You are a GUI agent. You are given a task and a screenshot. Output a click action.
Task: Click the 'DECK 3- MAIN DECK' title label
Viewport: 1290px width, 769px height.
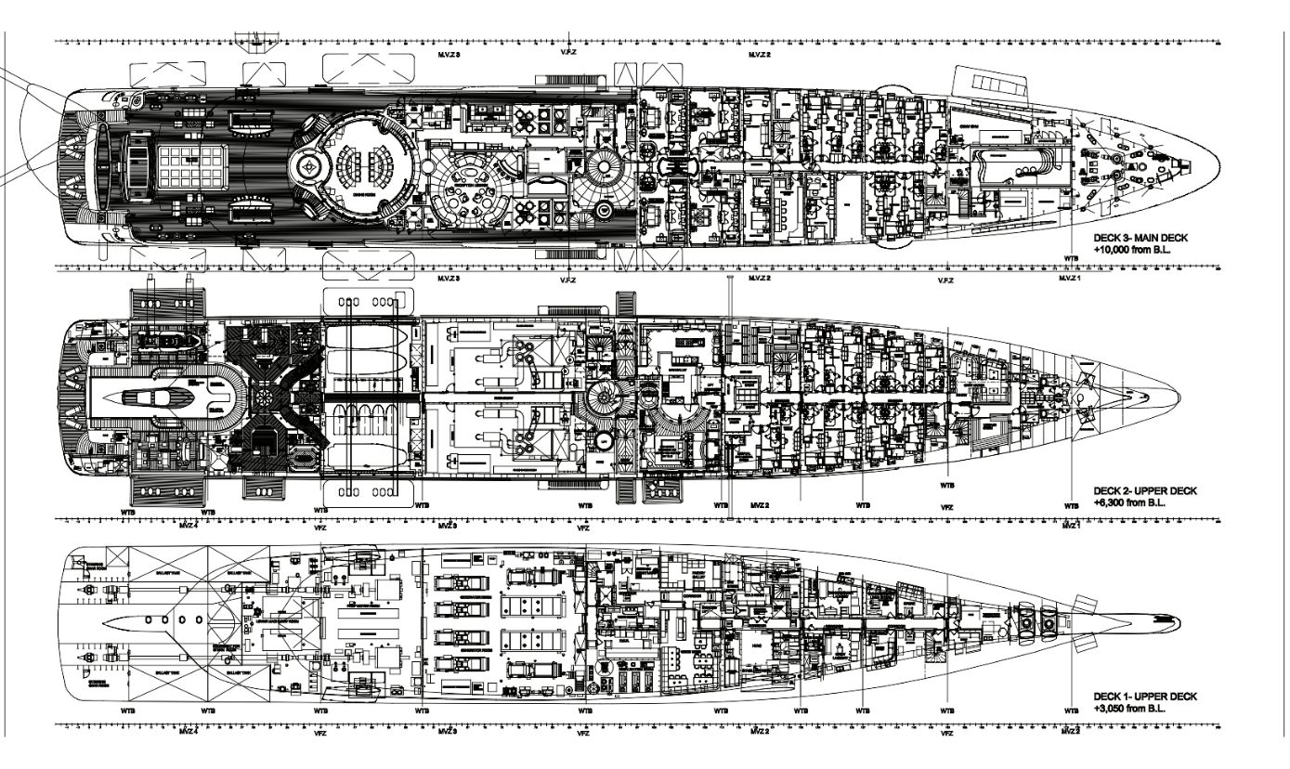[1140, 239]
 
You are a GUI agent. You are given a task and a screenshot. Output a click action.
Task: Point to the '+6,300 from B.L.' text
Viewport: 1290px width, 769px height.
[1129, 502]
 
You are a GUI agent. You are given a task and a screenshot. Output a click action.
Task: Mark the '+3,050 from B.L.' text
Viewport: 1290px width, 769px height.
[1129, 709]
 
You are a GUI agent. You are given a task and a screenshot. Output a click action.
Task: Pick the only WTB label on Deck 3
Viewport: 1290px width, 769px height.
[1071, 258]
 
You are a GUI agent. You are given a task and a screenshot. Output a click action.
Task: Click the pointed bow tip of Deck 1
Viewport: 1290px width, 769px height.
[1176, 621]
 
